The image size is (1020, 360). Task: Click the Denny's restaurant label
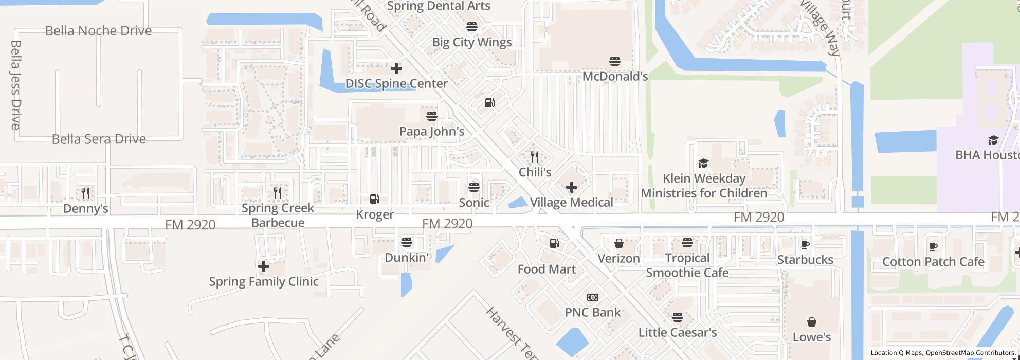tap(85, 208)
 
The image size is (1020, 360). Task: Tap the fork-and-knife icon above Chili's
tap(535, 157)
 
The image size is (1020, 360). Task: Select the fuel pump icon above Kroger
tap(375, 199)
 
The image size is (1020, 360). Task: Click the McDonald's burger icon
tap(614, 61)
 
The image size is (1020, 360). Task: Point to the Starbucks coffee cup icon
tap(805, 244)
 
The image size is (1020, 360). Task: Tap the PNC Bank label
tap(592, 312)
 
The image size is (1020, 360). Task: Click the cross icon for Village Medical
tap(571, 187)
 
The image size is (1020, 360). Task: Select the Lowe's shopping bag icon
tap(811, 322)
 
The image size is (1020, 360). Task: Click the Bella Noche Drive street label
tap(98, 31)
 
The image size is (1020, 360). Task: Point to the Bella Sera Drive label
tap(99, 139)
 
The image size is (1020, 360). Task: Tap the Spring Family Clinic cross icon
tap(263, 266)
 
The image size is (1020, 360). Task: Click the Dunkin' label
tap(406, 257)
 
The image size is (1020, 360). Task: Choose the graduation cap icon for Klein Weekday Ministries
tap(703, 164)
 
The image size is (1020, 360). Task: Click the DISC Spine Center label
tap(396, 83)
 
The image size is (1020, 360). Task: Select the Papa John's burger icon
tap(431, 116)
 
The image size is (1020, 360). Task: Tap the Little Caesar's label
tap(677, 332)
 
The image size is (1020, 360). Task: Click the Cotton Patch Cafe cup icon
tap(933, 247)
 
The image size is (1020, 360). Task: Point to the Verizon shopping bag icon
tap(618, 243)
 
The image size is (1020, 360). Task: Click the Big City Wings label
tap(471, 42)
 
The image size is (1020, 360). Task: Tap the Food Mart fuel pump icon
tap(554, 243)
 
